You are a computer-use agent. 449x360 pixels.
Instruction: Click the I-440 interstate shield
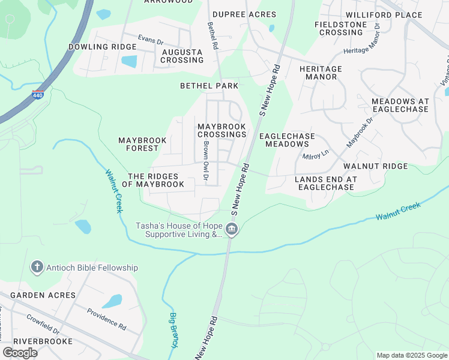[37, 94]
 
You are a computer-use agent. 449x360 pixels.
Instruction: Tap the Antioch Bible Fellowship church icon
[37, 267]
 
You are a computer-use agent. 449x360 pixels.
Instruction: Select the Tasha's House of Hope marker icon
[232, 229]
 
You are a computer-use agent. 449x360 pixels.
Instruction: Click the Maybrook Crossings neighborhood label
[222, 130]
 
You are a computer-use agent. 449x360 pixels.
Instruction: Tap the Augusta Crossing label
[182, 56]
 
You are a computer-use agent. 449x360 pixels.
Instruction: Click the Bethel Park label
[209, 86]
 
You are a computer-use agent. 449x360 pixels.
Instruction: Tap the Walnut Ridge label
[375, 166]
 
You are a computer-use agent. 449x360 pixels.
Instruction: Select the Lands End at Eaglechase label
[326, 183]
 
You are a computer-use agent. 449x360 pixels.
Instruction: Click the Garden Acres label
[43, 295]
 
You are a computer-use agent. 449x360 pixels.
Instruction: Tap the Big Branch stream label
[173, 329]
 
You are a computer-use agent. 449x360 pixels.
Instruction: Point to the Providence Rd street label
[106, 320]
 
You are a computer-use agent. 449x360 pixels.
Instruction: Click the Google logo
[20, 352]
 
